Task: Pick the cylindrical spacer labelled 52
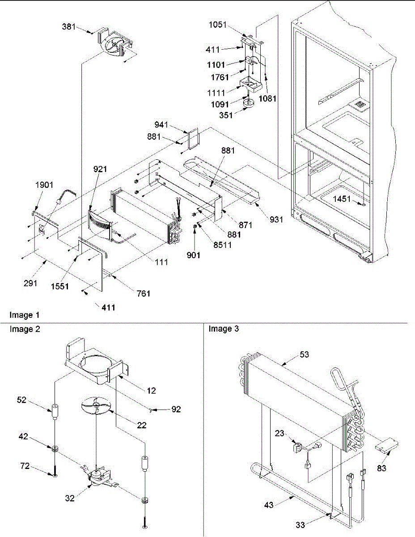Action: point(55,412)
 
